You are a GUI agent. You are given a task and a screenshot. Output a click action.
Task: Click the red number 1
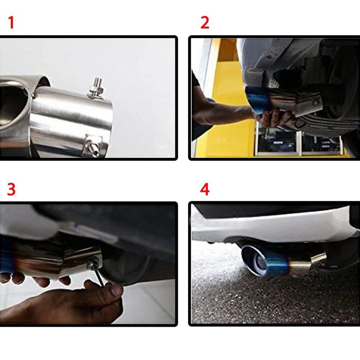[11, 22]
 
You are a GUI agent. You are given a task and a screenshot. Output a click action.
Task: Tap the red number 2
[205, 22]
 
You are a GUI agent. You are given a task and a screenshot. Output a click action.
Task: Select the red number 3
[11, 189]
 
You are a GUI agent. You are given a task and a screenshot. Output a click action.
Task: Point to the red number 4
[205, 189]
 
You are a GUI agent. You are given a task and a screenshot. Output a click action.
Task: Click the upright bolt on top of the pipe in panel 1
[96, 89]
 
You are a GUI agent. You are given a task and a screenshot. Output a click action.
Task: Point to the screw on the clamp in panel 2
[316, 103]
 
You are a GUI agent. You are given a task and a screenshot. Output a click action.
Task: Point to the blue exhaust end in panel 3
[6, 255]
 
